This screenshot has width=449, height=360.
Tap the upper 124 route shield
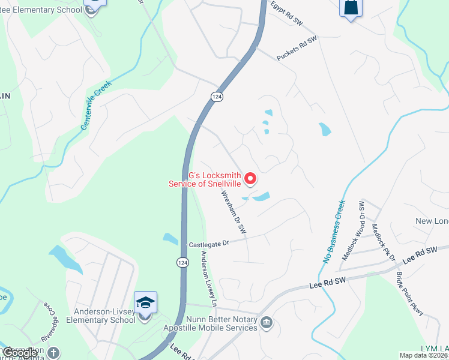(x=217, y=97)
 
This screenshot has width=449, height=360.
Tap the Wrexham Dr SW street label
(x=234, y=212)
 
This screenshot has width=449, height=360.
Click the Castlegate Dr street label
(x=209, y=244)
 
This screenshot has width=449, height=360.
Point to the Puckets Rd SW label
(x=296, y=48)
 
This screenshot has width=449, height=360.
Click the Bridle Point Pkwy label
(x=409, y=293)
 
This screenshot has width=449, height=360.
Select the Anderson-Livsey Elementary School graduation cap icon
(x=145, y=302)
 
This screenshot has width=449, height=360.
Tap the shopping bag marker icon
(x=351, y=8)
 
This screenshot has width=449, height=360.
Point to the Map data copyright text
(x=424, y=355)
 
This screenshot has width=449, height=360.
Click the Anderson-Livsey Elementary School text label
(x=105, y=316)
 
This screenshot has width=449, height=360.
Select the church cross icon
(x=54, y=352)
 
